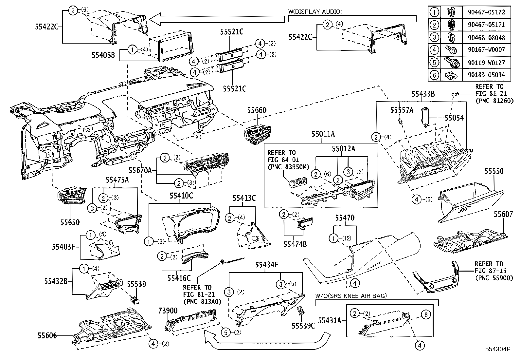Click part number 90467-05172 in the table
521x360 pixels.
[486, 12]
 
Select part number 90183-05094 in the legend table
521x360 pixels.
[486, 75]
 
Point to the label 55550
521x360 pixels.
[494, 171]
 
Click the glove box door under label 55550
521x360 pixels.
[471, 203]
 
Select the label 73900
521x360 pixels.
[168, 310]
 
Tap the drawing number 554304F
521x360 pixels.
[498, 349]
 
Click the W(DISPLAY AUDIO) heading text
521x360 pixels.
[315, 11]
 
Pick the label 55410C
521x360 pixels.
[181, 196]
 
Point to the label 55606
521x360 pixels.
[47, 335]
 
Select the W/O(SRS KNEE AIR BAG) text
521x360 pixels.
[351, 296]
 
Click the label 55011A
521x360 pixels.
[323, 134]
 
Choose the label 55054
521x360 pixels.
[454, 118]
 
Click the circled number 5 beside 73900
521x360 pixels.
[225, 332]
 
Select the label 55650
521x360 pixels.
[69, 222]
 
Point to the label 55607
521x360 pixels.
[503, 214]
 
